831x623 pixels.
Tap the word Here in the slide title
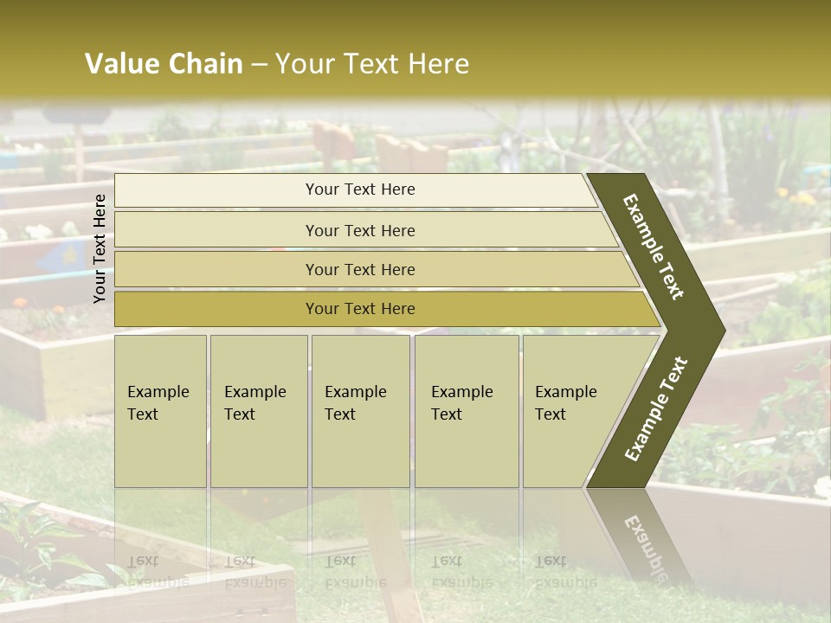438,64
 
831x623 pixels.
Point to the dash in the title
259,65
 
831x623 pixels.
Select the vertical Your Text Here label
100,248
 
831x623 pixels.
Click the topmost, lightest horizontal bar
359,189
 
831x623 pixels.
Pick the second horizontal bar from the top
359,230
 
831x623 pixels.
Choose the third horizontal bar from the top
359,269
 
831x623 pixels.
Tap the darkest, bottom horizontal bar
359,309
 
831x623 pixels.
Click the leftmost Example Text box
160,411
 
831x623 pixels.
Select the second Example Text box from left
258,411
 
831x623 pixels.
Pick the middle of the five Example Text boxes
360,411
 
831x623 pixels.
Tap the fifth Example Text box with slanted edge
571,411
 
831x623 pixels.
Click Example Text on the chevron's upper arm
654,247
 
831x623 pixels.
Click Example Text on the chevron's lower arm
656,409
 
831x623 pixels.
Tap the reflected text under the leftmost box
158,571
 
